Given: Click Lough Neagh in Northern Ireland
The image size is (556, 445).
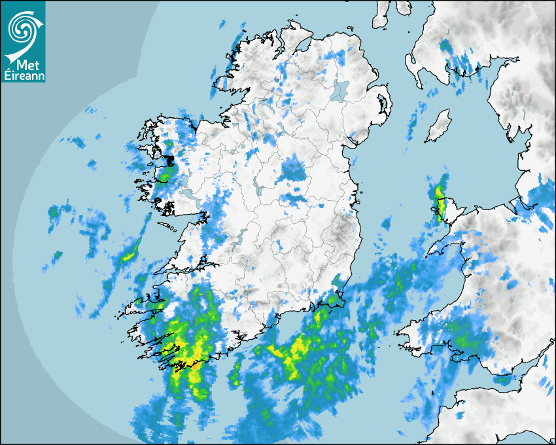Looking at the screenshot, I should (341, 89).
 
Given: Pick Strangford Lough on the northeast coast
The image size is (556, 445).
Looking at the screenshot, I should (383, 105).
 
